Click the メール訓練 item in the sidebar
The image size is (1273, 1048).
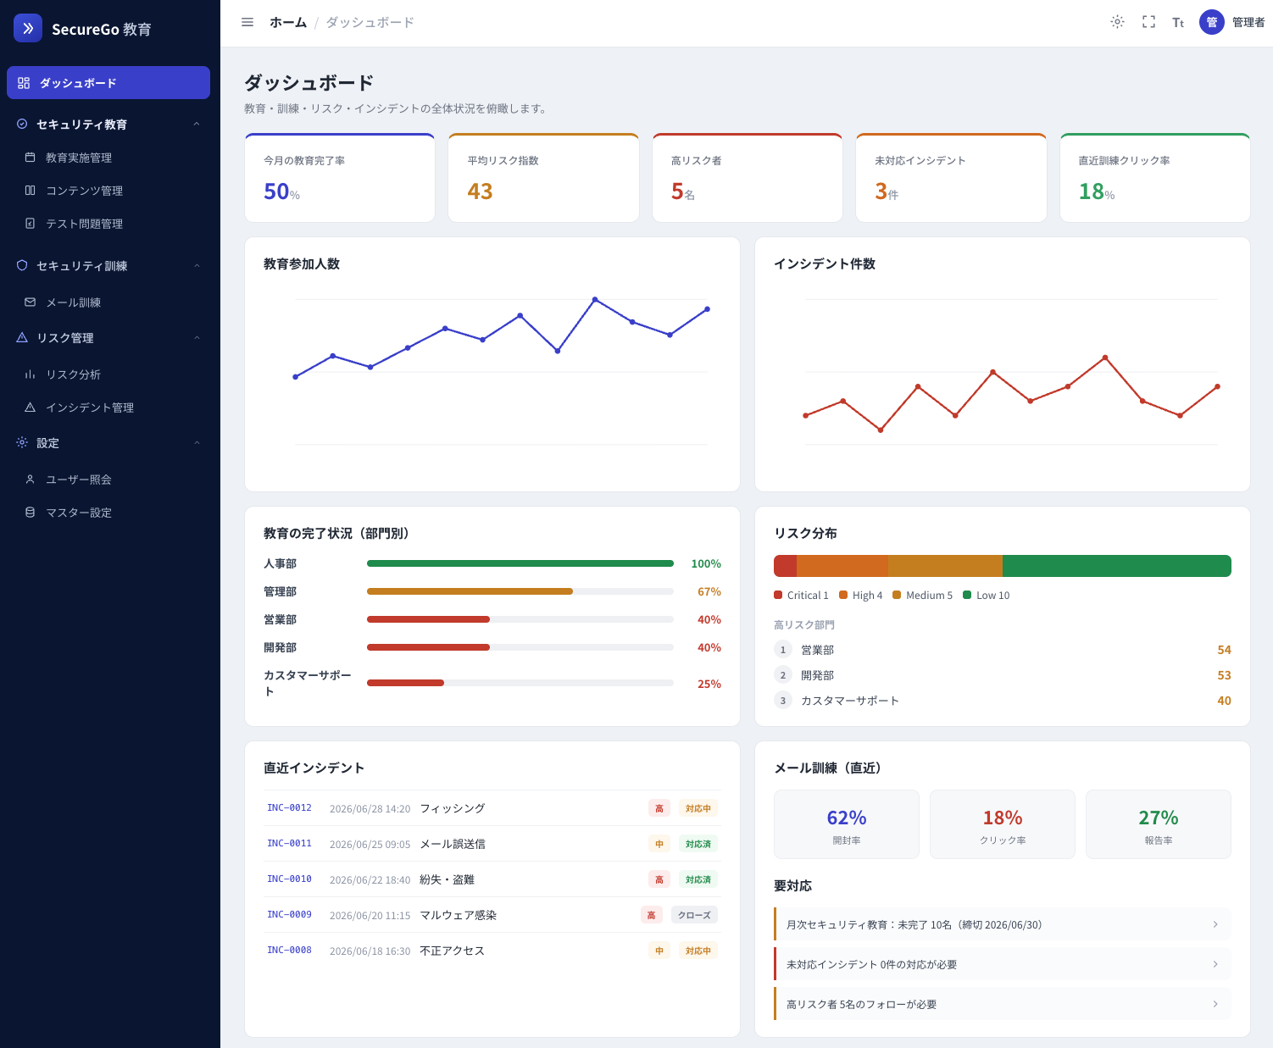[73, 302]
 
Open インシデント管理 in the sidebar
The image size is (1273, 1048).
[90, 408]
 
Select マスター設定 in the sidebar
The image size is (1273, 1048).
[79, 512]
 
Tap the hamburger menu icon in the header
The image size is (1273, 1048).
[247, 23]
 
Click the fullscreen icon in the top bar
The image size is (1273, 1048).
[1148, 23]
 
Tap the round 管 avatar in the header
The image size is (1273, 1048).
[1211, 23]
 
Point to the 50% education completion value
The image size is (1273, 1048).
[281, 191]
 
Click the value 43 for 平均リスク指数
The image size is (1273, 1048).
[480, 191]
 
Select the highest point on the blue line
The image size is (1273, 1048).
[595, 299]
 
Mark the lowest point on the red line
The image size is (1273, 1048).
[881, 430]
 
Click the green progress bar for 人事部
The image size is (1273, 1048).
[520, 563]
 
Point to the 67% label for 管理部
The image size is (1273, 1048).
[709, 591]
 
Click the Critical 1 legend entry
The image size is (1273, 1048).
[801, 595]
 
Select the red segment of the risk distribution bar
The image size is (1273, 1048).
[786, 566]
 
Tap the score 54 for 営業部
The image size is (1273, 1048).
[1224, 650]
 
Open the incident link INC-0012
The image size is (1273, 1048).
[289, 807]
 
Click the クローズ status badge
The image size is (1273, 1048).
[694, 915]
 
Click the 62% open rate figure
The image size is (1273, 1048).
[846, 818]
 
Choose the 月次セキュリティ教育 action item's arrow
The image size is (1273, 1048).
[1215, 924]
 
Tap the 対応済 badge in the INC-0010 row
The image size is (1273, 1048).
[698, 879]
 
